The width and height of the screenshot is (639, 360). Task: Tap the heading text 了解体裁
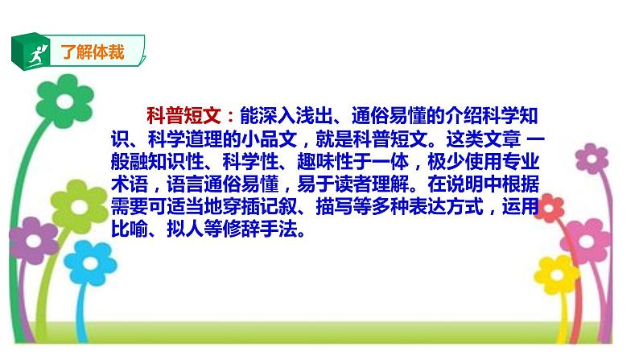point(93,54)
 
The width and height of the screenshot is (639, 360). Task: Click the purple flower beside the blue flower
point(32,238)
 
